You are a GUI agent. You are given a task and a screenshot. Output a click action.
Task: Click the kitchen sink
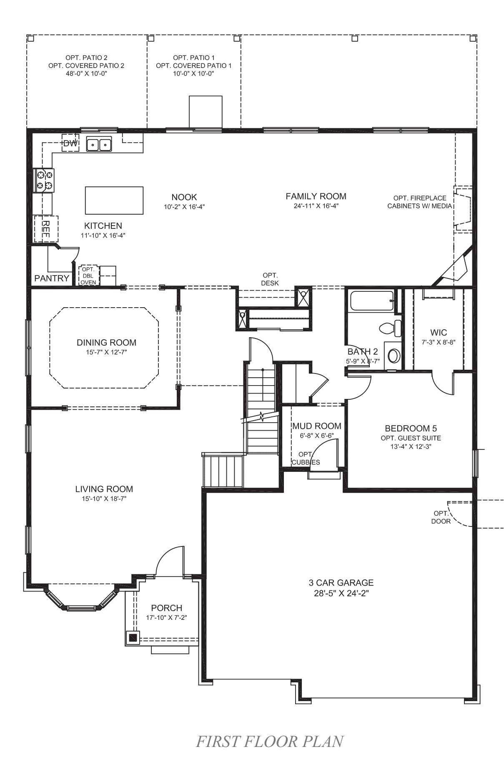pyautogui.click(x=99, y=144)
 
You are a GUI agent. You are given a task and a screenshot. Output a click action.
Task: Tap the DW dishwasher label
pyautogui.click(x=70, y=144)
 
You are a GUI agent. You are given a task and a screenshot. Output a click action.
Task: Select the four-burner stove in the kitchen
pyautogui.click(x=43, y=180)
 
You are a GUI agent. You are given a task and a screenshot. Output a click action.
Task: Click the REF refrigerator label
pyautogui.click(x=46, y=229)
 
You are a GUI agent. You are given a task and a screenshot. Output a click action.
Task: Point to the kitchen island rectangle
pyautogui.click(x=114, y=200)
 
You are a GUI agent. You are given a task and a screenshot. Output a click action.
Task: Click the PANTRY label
pyautogui.click(x=52, y=278)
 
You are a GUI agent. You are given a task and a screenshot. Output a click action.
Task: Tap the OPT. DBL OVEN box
pyautogui.click(x=88, y=276)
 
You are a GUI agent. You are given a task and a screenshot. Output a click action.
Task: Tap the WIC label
pyautogui.click(x=439, y=332)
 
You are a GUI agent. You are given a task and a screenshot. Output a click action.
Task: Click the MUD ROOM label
pyautogui.click(x=317, y=426)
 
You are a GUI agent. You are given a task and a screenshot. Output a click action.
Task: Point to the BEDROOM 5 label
pyautogui.click(x=411, y=428)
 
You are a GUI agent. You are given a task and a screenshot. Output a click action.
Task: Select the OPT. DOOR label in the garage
pyautogui.click(x=441, y=517)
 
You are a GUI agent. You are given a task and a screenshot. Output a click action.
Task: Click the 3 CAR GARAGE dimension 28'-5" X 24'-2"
pyautogui.click(x=341, y=593)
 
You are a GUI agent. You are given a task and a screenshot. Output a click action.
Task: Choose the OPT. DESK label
pyautogui.click(x=270, y=279)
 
